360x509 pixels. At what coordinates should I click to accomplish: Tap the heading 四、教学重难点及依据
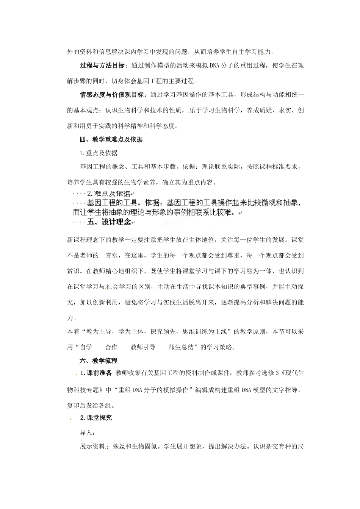pyautogui.click(x=111, y=139)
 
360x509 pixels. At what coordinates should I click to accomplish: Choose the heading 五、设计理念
pyautogui.click(x=109, y=222)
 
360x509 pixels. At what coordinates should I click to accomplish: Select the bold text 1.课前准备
pyautogui.click(x=96, y=373)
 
